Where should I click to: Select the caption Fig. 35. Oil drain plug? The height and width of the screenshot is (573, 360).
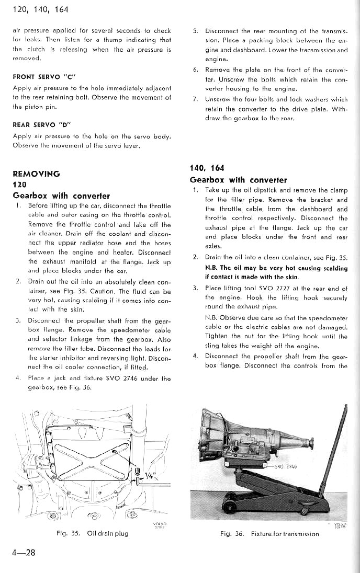[93, 534]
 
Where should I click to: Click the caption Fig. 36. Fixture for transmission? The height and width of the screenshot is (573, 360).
[269, 534]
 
